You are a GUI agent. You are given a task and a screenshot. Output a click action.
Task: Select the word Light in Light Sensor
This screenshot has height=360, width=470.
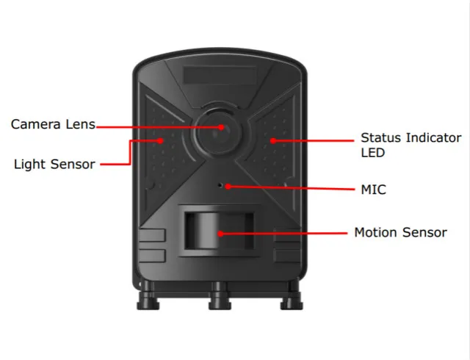pyautogui.click(x=30, y=164)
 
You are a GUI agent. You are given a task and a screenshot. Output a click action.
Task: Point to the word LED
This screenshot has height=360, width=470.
pyautogui.click(x=372, y=153)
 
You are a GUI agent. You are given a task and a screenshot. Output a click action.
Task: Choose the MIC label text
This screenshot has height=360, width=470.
pyautogui.click(x=373, y=190)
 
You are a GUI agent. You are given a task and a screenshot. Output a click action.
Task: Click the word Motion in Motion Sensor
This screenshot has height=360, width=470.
pyautogui.click(x=376, y=232)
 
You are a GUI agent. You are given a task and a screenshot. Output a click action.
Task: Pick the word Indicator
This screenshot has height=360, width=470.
pyautogui.click(x=433, y=137)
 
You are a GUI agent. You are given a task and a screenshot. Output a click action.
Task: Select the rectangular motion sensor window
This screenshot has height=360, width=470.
pyautogui.click(x=219, y=232)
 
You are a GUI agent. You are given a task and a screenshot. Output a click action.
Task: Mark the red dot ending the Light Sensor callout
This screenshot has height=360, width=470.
pyautogui.click(x=160, y=139)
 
